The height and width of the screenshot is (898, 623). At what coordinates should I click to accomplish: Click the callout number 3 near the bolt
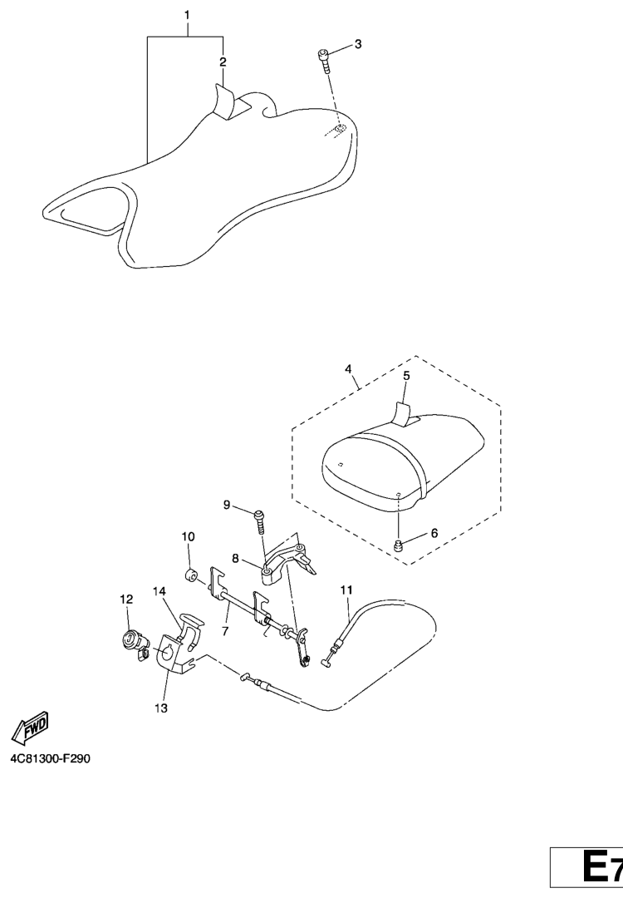(358, 44)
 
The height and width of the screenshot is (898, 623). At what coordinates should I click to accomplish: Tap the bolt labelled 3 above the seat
(324, 61)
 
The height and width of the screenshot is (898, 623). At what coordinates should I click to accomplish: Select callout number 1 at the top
(187, 15)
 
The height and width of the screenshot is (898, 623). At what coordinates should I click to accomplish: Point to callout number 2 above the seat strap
(223, 62)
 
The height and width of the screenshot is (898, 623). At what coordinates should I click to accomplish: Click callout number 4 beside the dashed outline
(348, 369)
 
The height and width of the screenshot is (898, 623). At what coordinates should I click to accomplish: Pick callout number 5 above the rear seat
(406, 376)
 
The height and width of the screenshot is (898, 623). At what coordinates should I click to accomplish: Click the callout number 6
(434, 533)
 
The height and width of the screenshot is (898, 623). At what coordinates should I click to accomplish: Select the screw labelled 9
(259, 521)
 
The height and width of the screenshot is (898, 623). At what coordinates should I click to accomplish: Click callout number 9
(227, 505)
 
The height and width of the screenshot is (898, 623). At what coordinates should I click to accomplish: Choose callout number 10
(189, 536)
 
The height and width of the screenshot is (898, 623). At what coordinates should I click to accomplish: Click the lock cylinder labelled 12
(135, 643)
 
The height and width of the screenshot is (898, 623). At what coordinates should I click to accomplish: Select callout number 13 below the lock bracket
(161, 708)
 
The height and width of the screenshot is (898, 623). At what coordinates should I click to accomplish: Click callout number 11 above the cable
(346, 590)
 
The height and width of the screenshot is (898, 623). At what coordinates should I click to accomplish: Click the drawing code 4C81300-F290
(51, 759)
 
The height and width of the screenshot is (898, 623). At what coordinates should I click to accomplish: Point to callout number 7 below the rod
(225, 631)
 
